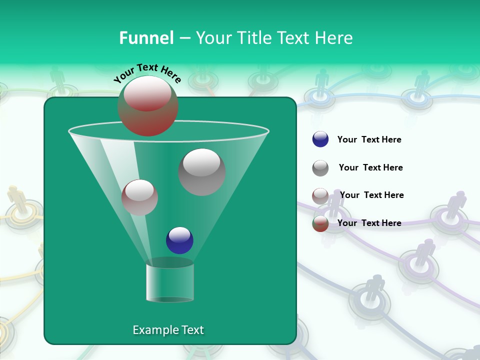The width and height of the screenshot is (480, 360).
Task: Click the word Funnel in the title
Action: pyautogui.click(x=146, y=38)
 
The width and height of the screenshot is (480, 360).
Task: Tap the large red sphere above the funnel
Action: pyautogui.click(x=148, y=106)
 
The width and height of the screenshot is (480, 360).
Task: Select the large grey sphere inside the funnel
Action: pyautogui.click(x=202, y=172)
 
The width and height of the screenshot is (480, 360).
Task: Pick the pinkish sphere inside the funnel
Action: pyautogui.click(x=139, y=197)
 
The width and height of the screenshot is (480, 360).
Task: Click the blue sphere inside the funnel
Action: pyautogui.click(x=179, y=240)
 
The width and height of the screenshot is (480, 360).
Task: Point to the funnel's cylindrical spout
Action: pyautogui.click(x=170, y=282)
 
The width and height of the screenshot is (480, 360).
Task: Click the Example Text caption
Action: pyautogui.click(x=168, y=330)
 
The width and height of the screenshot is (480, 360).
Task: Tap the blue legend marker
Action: pyautogui.click(x=320, y=139)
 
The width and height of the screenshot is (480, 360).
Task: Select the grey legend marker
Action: pyautogui.click(x=320, y=167)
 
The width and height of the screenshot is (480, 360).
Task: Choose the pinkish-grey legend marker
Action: pyautogui.click(x=320, y=195)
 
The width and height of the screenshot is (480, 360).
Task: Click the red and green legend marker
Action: pyautogui.click(x=320, y=223)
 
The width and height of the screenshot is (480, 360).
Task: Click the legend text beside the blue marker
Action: pyautogui.click(x=369, y=140)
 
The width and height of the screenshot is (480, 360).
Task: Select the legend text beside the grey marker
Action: pyautogui.click(x=370, y=168)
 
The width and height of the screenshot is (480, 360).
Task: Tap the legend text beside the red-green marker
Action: pyautogui.click(x=369, y=223)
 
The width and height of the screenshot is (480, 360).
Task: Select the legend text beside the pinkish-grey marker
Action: pyautogui.click(x=371, y=195)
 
